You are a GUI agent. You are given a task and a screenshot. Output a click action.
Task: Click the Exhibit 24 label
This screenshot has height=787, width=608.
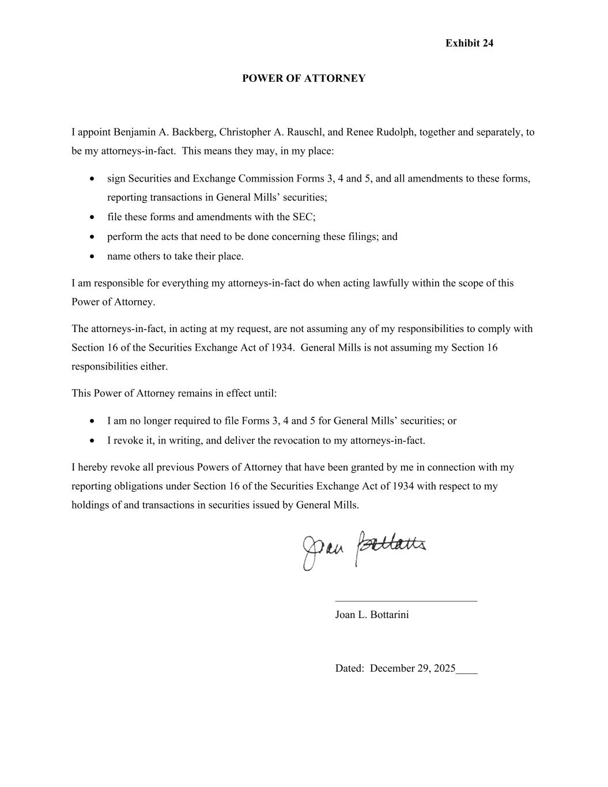point(469,43)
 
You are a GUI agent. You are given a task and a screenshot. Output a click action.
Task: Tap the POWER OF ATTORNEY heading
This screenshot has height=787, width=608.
point(304,78)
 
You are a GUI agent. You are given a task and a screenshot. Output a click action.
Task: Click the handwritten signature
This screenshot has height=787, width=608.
point(364,548)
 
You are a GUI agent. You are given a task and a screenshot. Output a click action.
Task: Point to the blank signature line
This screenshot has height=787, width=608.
point(406,601)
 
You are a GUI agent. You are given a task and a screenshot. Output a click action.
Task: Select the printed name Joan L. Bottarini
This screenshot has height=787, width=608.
point(372,615)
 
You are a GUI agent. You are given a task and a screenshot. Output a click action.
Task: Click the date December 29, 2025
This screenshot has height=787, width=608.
point(413,669)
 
